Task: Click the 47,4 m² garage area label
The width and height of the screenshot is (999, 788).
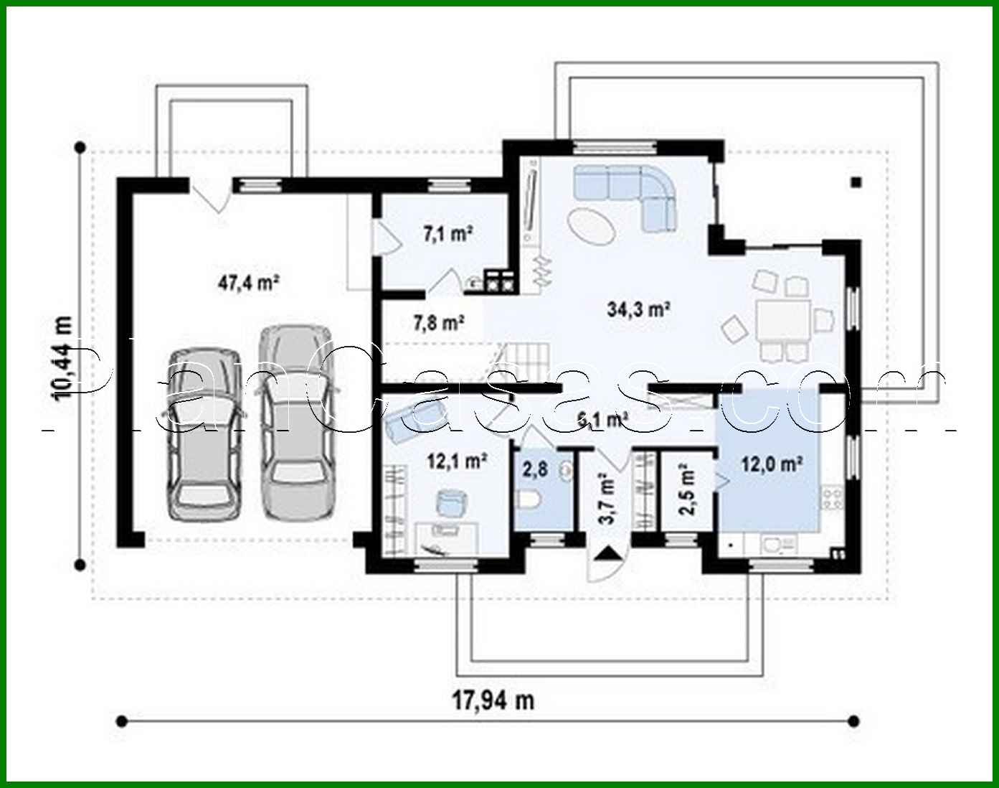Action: (248, 283)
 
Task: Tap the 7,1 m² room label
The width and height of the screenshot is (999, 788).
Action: (447, 233)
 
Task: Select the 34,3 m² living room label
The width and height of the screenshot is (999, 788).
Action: (638, 309)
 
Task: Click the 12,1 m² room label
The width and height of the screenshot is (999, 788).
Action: (458, 461)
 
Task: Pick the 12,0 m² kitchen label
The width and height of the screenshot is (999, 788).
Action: (771, 464)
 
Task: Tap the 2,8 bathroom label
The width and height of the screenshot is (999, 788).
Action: (535, 470)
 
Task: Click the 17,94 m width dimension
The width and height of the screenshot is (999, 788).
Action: (492, 700)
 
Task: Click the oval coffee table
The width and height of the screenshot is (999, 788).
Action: (592, 226)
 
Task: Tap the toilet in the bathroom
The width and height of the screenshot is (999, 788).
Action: (528, 499)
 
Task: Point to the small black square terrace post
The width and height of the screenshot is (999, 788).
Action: (855, 182)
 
